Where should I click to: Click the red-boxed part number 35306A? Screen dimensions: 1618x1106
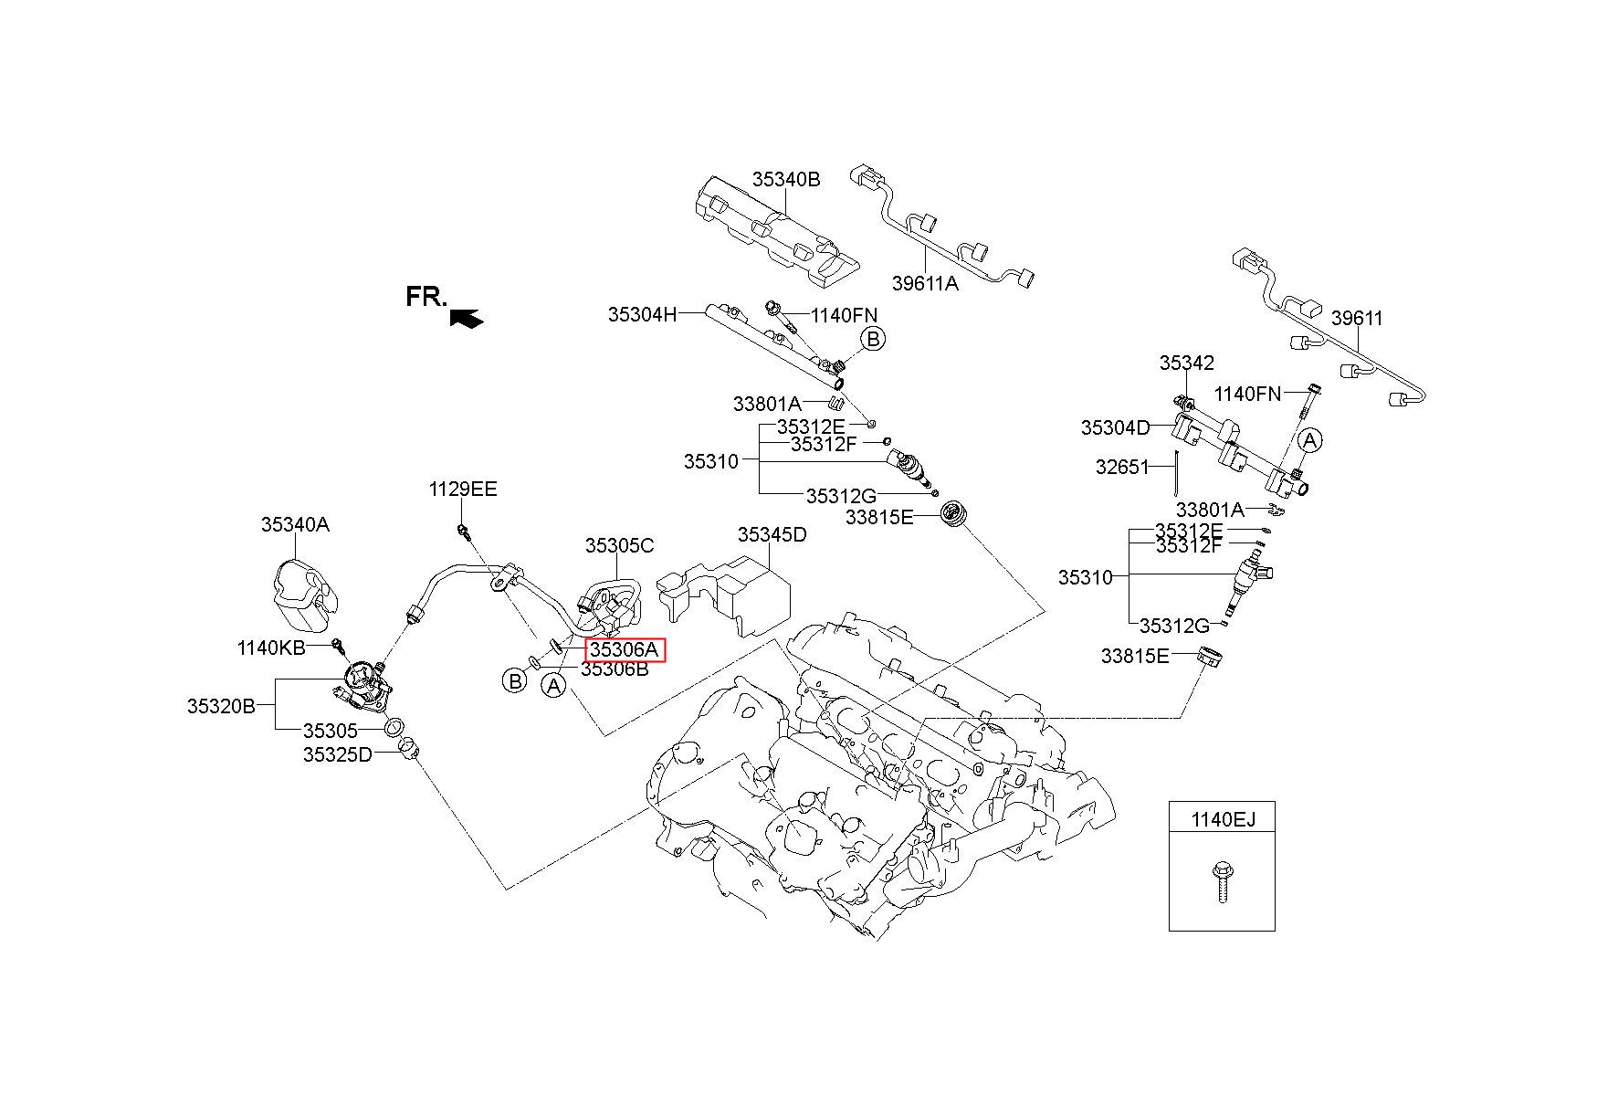[625, 650]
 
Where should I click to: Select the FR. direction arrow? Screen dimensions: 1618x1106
[467, 317]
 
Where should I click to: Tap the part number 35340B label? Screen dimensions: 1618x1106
[786, 179]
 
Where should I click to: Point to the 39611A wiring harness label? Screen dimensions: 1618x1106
[925, 283]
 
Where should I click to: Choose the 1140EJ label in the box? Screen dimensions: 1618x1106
[1223, 819]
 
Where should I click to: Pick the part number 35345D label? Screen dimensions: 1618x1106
[772, 534]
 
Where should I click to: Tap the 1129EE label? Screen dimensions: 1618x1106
[463, 490]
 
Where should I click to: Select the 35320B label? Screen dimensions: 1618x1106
[222, 706]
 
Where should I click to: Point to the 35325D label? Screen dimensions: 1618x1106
[338, 754]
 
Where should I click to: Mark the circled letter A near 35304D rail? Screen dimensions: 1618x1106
[1310, 440]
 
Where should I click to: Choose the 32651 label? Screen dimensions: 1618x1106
[1122, 467]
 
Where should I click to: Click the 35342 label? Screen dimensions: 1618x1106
[1187, 363]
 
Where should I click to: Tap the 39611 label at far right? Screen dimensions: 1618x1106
[1357, 318]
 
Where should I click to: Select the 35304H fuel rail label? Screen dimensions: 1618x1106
[643, 315]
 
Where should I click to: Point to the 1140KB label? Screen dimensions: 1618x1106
[271, 648]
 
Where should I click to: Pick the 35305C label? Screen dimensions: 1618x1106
[620, 546]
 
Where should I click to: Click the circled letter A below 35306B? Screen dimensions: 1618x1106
[553, 686]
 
